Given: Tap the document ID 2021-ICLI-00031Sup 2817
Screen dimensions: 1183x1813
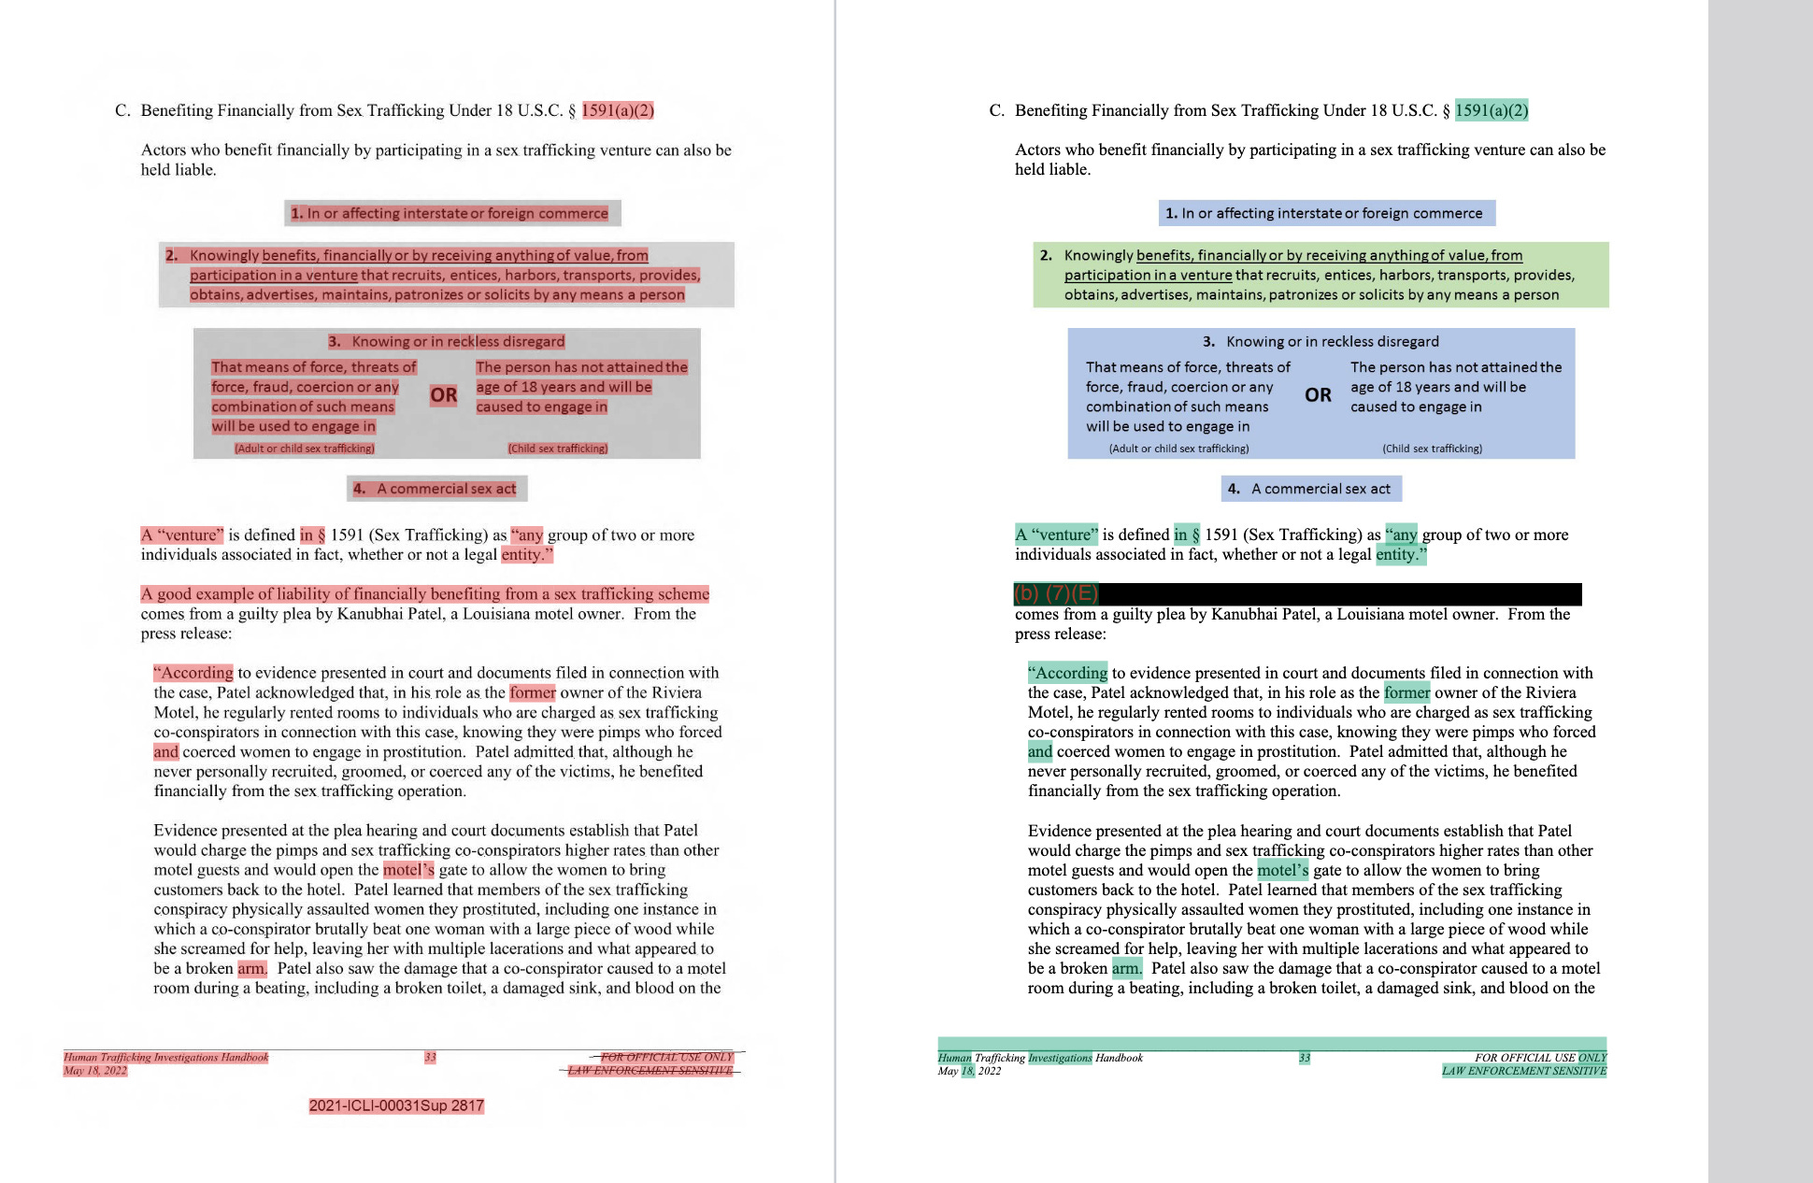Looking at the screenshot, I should point(396,1105).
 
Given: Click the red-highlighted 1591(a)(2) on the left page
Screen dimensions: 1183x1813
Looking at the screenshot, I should point(618,110).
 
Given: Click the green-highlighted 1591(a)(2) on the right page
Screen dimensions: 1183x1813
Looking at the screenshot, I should point(1492,110).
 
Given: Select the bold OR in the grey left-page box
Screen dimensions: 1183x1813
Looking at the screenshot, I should point(444,395).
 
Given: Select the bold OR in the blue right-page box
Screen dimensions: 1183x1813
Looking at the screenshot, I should point(1318,395).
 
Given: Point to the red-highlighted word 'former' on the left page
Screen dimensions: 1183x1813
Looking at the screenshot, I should point(533,692).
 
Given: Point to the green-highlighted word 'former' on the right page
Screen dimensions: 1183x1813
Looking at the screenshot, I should point(1406,692).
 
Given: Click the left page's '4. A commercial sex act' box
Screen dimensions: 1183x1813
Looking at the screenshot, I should point(437,489).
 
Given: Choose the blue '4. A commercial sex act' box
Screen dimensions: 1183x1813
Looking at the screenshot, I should point(1311,489).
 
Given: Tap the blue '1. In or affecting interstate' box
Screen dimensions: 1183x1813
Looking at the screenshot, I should point(1326,213).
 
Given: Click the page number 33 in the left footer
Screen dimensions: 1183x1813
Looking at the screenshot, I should point(430,1058).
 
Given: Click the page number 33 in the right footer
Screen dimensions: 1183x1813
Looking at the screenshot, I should point(1305,1058).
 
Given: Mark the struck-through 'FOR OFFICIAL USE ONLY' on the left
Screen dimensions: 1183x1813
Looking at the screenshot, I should point(666,1058).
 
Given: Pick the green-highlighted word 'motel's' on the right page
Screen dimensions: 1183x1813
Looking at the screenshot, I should point(1282,870).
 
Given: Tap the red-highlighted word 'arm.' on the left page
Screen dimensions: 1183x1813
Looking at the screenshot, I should point(251,968).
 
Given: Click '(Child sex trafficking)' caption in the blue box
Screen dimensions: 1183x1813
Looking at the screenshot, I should point(1432,449).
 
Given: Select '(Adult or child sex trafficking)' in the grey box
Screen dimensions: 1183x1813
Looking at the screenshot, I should point(305,449).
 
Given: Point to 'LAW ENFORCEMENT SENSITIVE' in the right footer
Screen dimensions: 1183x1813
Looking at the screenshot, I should point(1523,1071).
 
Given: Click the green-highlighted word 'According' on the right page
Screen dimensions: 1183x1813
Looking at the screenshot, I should point(1068,673).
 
